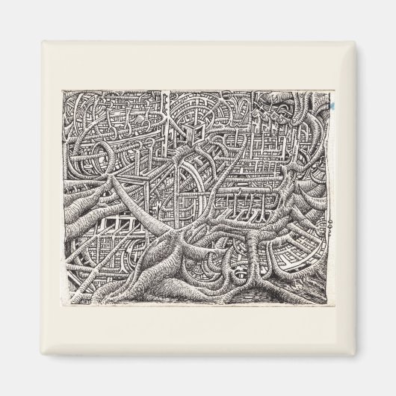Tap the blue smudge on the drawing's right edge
tap(330, 109)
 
